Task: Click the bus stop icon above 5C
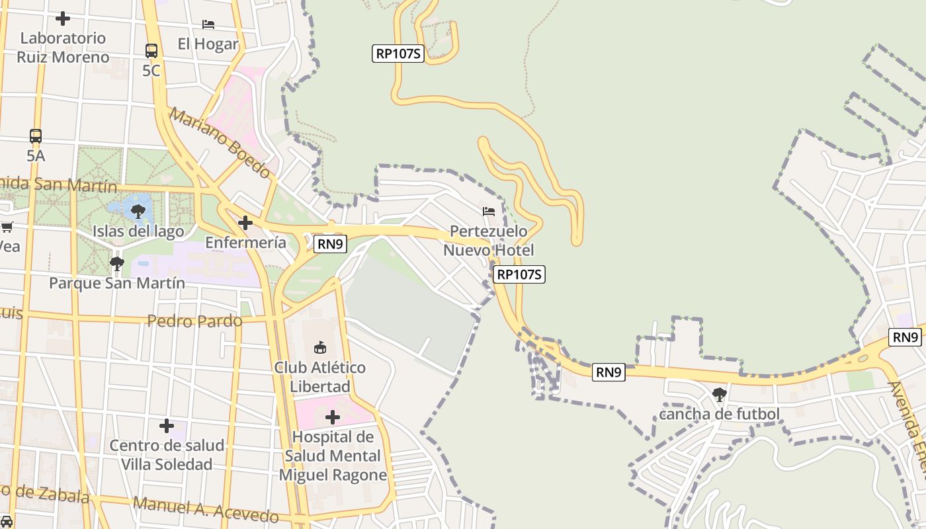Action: [151, 50]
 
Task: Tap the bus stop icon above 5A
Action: [36, 136]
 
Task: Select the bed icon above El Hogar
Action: [208, 24]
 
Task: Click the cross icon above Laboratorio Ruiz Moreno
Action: [63, 19]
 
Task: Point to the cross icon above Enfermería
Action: [245, 223]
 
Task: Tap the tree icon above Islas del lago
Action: [138, 212]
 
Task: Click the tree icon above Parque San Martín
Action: [117, 264]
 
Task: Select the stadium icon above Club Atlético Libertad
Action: [319, 347]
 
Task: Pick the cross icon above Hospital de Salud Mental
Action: [333, 417]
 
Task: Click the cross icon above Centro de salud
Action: [167, 426]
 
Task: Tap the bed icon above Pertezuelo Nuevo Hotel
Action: [489, 212]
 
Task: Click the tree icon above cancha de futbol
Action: [720, 395]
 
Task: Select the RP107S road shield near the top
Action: [398, 54]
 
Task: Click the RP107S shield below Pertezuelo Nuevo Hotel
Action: [520, 274]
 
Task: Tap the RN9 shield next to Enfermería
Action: [330, 244]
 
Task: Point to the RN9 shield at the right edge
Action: [905, 337]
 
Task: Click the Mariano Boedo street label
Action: [220, 143]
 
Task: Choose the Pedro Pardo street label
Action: [194, 321]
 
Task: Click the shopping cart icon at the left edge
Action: [7, 227]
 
